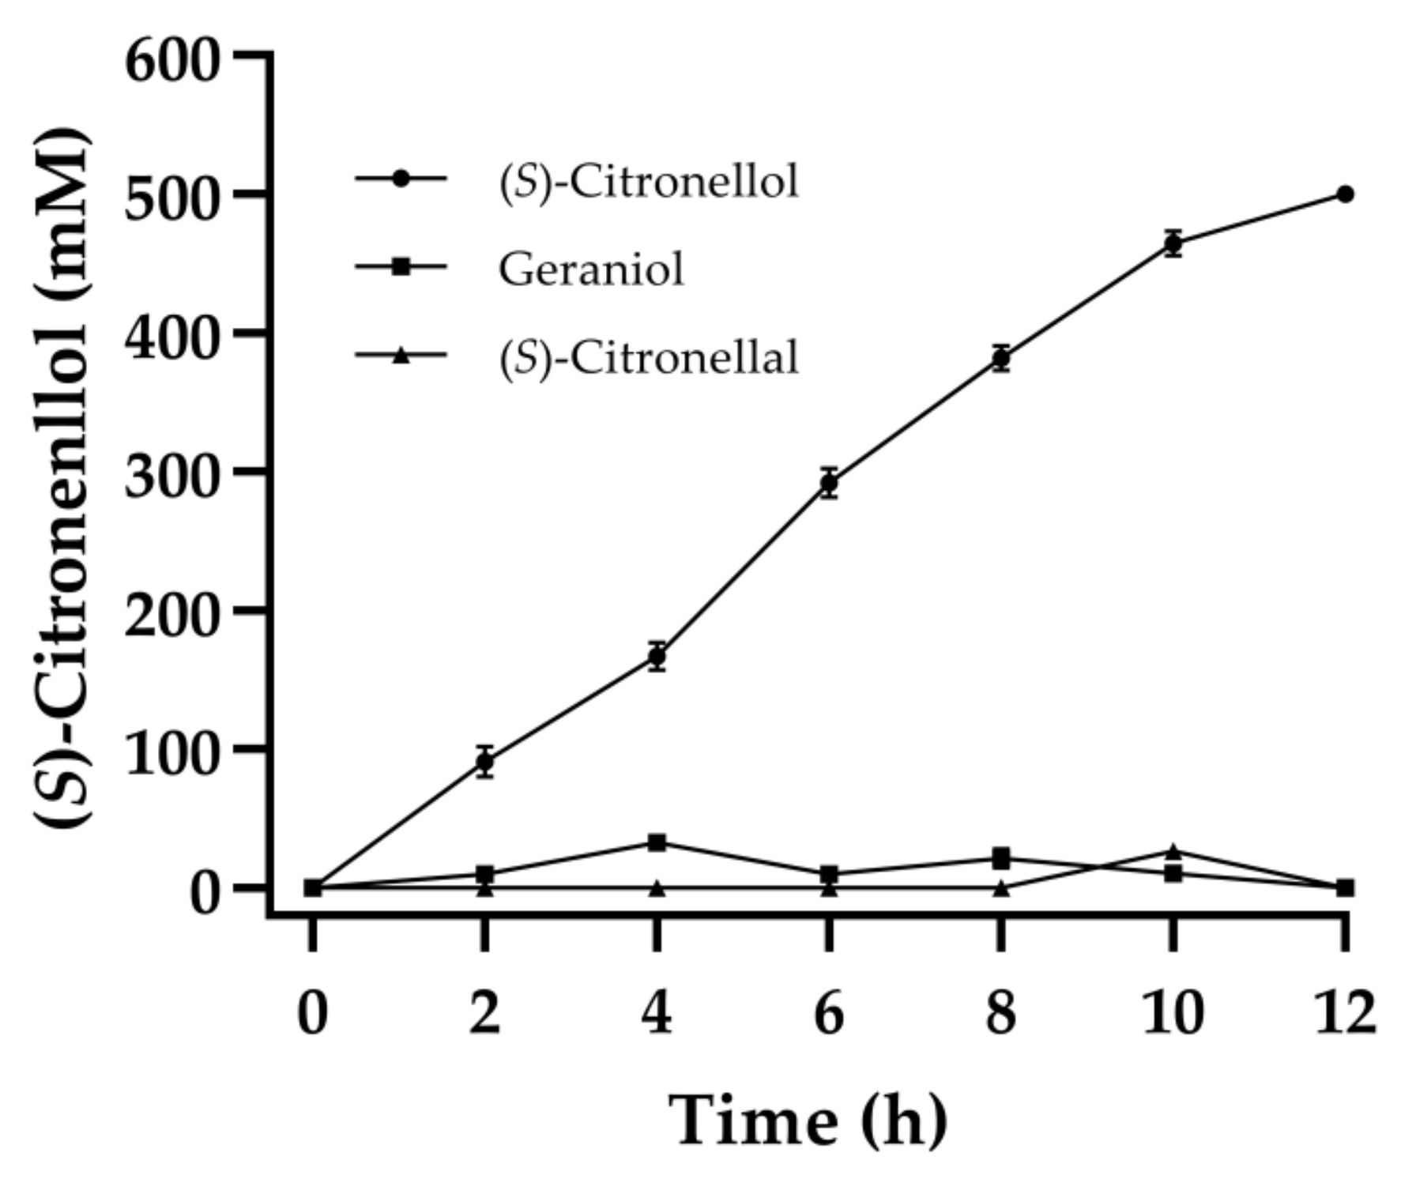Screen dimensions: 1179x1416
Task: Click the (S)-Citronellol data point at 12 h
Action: [x=1345, y=194]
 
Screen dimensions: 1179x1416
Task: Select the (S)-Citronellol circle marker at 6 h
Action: [x=829, y=482]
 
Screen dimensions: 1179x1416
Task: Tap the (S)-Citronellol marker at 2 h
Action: [x=485, y=762]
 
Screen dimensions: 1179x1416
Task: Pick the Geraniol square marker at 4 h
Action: [x=657, y=842]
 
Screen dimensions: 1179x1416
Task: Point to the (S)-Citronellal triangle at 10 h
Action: [x=1173, y=852]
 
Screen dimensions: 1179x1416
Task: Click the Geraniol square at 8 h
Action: [x=1001, y=857]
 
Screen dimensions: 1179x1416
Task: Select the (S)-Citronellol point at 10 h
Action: [x=1173, y=243]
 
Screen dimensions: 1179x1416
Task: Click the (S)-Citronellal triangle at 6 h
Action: [x=829, y=889]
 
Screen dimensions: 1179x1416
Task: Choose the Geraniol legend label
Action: [x=590, y=269]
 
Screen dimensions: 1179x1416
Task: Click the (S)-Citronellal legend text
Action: [x=648, y=357]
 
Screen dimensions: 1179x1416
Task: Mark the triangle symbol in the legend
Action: [x=401, y=356]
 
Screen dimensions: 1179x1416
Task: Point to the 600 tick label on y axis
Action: [x=170, y=61]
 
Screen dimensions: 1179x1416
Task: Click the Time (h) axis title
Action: [x=808, y=1121]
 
